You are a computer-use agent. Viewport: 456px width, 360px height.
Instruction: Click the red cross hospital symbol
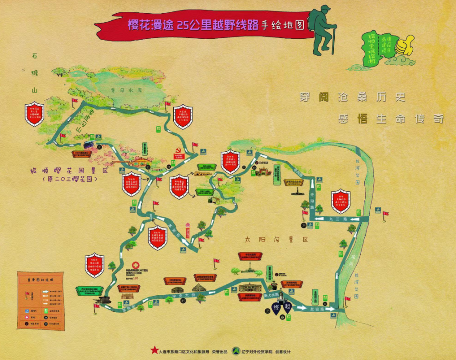(x=135, y=265)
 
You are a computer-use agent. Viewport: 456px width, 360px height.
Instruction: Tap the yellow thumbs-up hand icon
(x=404, y=46)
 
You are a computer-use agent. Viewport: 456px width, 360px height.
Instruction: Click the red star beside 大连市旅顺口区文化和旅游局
(x=153, y=351)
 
